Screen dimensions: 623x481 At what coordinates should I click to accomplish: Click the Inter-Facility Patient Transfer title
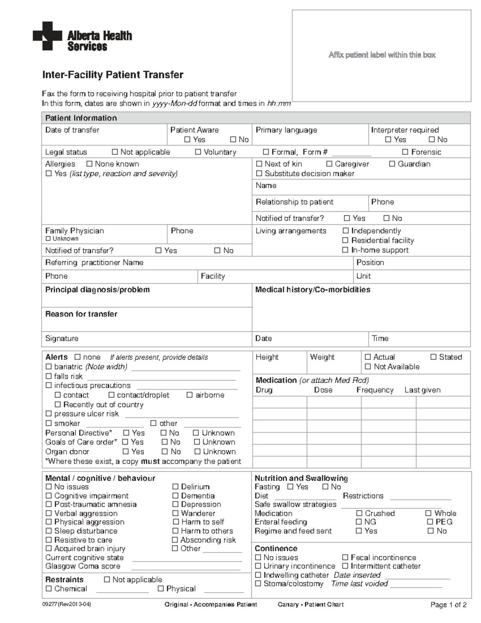click(x=113, y=75)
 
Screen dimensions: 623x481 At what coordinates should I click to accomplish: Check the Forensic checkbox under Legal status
click(x=405, y=152)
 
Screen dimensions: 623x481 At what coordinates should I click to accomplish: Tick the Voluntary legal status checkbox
click(x=198, y=152)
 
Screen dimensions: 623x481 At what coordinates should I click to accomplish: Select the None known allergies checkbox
click(x=89, y=164)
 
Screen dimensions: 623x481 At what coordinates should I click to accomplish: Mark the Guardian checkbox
click(x=392, y=164)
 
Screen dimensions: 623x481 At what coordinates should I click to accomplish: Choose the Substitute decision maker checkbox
click(x=259, y=174)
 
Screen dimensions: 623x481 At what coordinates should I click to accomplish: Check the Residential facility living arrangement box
click(x=345, y=240)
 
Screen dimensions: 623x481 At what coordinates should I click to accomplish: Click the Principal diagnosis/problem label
click(x=97, y=290)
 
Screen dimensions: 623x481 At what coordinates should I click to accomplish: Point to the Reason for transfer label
click(x=81, y=314)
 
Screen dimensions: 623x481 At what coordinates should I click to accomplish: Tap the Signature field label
click(x=62, y=339)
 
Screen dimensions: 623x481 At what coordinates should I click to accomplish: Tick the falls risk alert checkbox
click(x=49, y=376)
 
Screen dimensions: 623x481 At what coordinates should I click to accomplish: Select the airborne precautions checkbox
click(x=190, y=395)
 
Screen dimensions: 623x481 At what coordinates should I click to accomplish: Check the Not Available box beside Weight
click(x=368, y=367)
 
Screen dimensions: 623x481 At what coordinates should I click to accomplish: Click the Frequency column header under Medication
click(x=375, y=390)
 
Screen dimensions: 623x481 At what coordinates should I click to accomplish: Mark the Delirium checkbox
click(x=175, y=487)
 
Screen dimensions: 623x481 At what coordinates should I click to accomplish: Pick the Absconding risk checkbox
click(x=175, y=540)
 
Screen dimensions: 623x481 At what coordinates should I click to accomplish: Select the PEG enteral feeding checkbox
click(x=430, y=522)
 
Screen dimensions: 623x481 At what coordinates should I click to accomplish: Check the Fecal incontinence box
click(x=345, y=558)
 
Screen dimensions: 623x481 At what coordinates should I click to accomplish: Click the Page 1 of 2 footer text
click(x=448, y=605)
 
